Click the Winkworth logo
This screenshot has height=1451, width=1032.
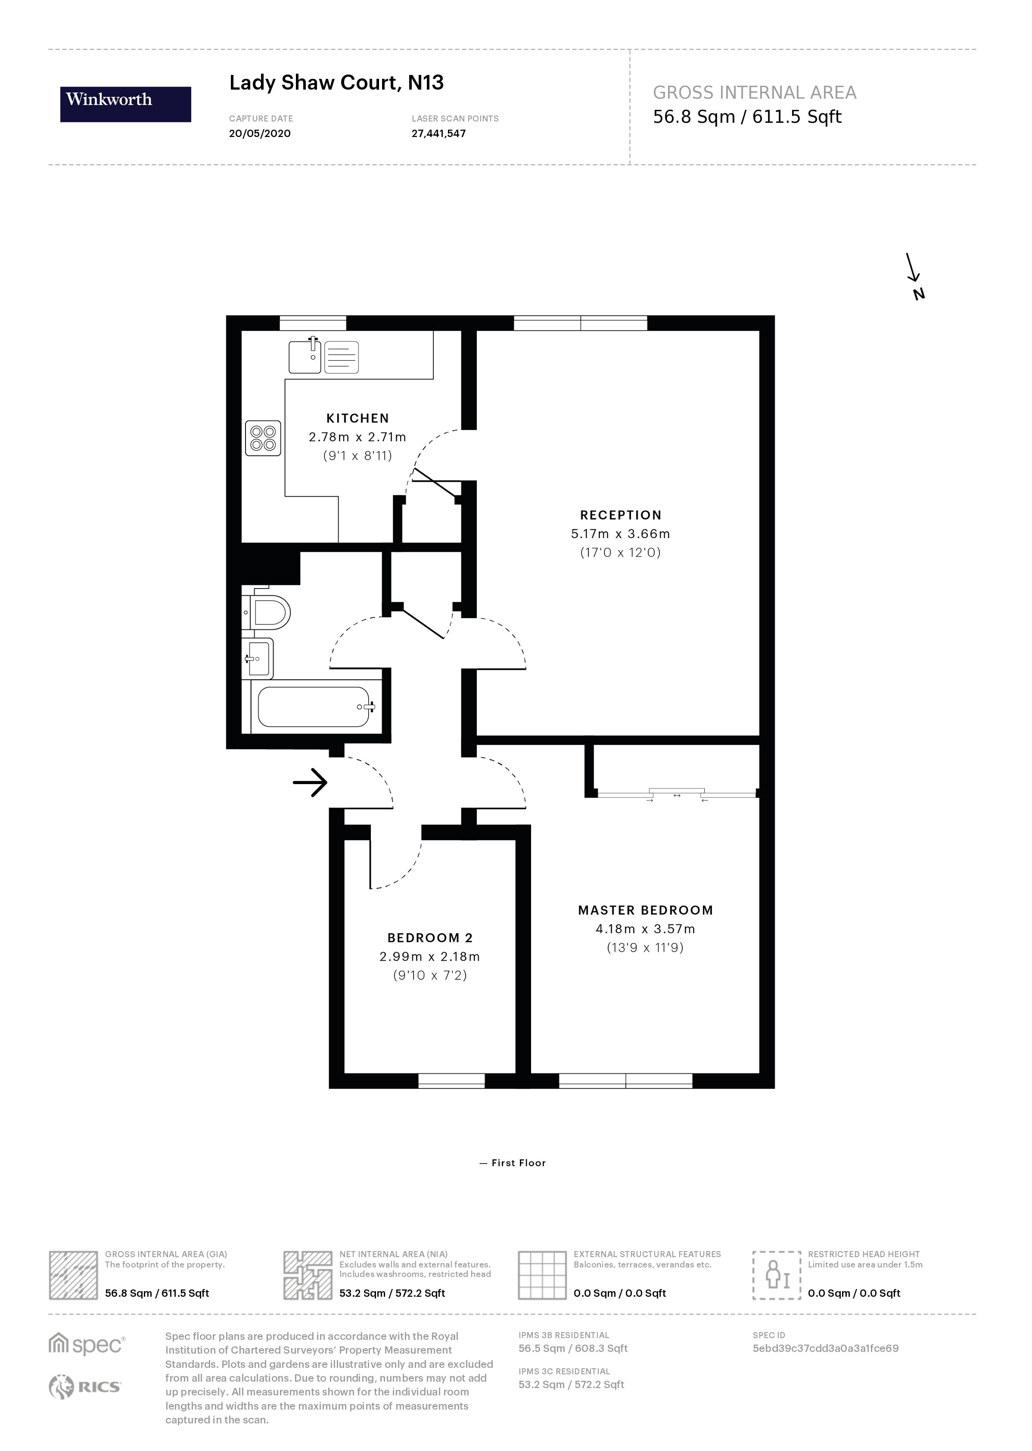(125, 104)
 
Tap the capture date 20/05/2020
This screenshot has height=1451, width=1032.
(259, 134)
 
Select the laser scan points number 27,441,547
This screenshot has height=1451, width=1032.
(438, 134)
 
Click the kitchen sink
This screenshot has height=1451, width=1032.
(305, 357)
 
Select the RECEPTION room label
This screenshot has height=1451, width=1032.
(620, 515)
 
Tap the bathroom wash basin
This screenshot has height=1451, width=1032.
(260, 658)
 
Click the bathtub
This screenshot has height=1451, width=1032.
(314, 706)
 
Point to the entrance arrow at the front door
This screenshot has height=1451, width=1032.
(310, 782)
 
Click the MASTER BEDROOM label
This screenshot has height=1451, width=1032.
(645, 910)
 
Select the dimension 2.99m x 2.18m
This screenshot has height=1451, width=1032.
(429, 956)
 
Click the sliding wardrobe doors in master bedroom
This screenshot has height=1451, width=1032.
(677, 793)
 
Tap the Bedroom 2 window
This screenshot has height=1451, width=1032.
(451, 1080)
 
